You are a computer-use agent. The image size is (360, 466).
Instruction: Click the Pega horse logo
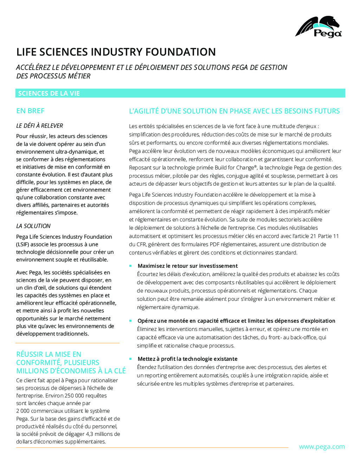pyautogui.click(x=319, y=26)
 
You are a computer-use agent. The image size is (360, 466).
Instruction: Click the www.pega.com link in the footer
pyautogui.click(x=322, y=447)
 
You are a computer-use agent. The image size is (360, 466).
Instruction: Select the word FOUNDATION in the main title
pyautogui.click(x=180, y=52)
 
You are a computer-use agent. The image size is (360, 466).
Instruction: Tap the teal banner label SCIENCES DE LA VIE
pyautogui.click(x=49, y=93)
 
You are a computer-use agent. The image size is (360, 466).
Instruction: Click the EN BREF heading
pyautogui.click(x=30, y=111)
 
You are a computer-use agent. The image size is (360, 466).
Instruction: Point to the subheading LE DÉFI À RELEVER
pyautogui.click(x=40, y=126)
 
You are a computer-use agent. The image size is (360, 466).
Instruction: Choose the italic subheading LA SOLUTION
pyautogui.click(x=33, y=226)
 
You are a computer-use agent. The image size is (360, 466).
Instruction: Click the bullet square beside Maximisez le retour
pyautogui.click(x=130, y=266)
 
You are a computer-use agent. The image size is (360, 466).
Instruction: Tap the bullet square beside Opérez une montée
pyautogui.click(x=130, y=321)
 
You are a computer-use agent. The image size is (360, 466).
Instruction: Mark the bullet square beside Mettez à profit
pyautogui.click(x=130, y=359)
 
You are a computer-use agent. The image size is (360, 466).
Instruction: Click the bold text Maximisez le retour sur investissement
pyautogui.click(x=188, y=266)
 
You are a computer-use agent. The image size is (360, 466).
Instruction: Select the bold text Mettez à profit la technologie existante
pyautogui.click(x=188, y=359)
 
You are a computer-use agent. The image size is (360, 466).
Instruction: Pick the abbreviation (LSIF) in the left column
pyautogui.click(x=24, y=244)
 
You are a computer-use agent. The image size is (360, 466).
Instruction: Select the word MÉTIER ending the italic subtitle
pyautogui.click(x=79, y=76)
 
